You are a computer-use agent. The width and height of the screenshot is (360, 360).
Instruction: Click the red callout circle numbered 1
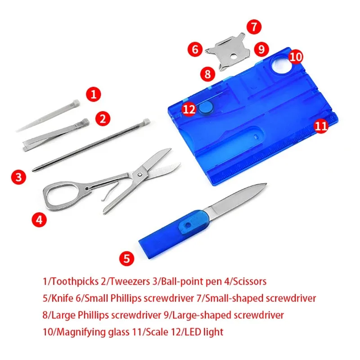[x=93, y=94]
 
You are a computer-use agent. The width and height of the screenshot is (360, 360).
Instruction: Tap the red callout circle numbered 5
[x=127, y=258]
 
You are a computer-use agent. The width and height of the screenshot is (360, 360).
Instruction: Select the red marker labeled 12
[x=189, y=108]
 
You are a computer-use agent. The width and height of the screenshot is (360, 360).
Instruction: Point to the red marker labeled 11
[x=320, y=126]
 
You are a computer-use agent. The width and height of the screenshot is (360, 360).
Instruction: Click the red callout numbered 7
[x=254, y=27]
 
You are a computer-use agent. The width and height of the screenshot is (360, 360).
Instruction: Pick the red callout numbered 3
[x=18, y=177]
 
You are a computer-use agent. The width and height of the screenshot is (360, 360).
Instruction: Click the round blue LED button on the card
[x=207, y=107]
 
